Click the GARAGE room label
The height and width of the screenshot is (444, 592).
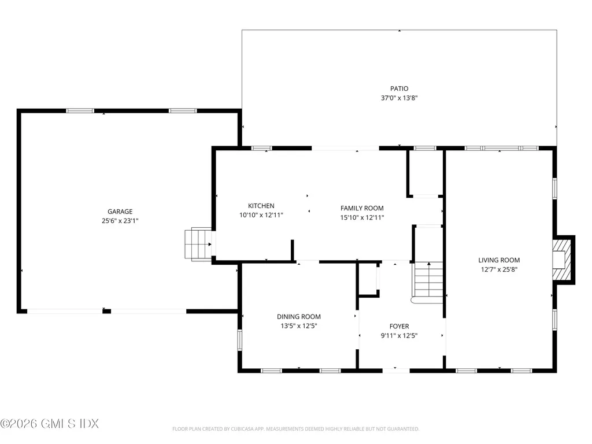pos(120,212)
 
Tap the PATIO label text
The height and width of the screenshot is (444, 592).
pos(399,88)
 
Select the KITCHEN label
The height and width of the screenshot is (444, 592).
pos(261,206)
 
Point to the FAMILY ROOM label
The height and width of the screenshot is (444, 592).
pos(362,208)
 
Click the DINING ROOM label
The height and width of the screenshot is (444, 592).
pos(299,317)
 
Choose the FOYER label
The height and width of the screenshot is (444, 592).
pos(399,326)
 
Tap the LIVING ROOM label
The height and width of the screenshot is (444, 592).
pos(499,260)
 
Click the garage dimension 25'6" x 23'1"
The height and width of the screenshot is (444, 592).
pos(120,221)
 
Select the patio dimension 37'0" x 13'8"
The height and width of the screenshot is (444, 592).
pos(399,98)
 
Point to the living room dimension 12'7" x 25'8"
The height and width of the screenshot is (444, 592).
pos(499,269)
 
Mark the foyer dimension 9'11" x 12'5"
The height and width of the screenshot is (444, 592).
pos(399,336)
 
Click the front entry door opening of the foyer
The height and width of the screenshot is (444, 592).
pos(395,371)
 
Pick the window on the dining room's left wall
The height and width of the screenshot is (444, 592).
pos(239,340)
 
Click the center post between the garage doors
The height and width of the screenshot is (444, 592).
pos(107,311)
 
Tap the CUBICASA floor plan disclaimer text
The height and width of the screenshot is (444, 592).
pos(295,429)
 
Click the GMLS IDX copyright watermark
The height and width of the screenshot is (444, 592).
pos(50,424)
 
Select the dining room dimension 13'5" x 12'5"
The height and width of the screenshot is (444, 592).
pos(299,326)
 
